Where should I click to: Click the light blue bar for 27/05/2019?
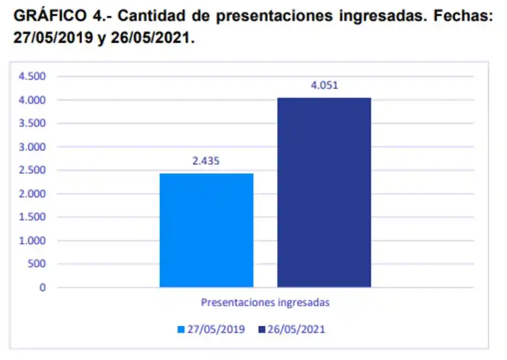click(206, 230)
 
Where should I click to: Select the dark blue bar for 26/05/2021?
click(324, 193)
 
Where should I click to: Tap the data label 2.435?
click(206, 161)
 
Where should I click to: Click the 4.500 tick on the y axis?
click(33, 77)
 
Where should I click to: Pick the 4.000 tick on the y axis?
click(33, 100)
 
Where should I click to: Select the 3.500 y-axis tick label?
click(33, 124)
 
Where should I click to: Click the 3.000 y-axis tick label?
click(33, 147)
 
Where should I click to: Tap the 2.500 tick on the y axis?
click(33, 171)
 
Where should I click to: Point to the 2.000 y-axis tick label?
click(33, 194)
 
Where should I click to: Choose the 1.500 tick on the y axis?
click(33, 217)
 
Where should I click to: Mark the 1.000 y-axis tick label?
click(33, 241)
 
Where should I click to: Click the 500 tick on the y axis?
click(37, 264)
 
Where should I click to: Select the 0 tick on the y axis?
click(43, 288)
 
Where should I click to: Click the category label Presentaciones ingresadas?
click(265, 302)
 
